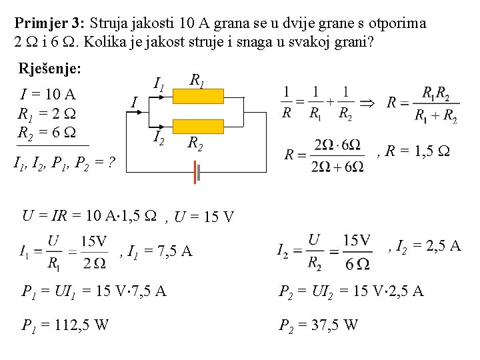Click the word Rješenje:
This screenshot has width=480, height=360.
tap(50, 69)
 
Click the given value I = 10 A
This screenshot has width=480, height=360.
tap(49, 93)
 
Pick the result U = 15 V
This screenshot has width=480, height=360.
tap(204, 217)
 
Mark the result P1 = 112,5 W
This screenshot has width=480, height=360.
tap(66, 325)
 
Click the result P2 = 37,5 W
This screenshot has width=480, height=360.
tap(317, 325)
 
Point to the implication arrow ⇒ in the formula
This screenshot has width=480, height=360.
tap(367, 103)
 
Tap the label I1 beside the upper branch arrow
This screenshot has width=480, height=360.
tap(159, 85)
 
